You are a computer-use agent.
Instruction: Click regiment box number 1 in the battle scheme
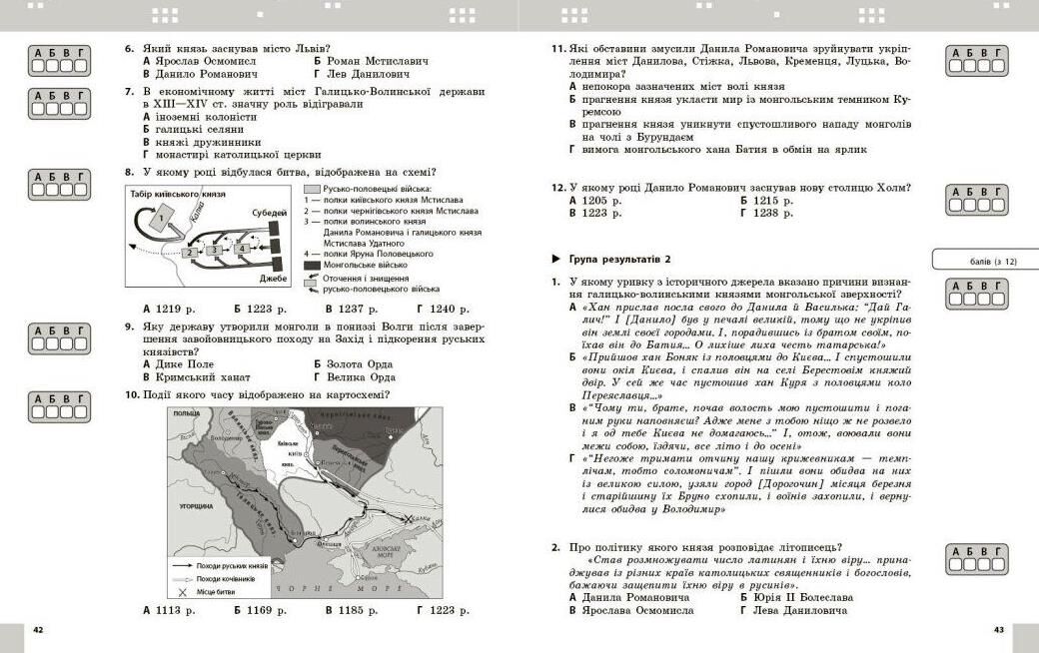coord(163,219)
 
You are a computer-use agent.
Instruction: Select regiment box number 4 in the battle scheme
coord(240,249)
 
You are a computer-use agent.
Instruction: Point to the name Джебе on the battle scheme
coord(273,278)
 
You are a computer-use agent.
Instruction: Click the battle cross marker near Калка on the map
coord(407,519)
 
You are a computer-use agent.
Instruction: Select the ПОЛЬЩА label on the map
coord(186,412)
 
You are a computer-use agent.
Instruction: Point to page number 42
coord(38,630)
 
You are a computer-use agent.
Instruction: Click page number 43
coord(999,630)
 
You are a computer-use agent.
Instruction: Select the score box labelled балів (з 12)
coord(983,261)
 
